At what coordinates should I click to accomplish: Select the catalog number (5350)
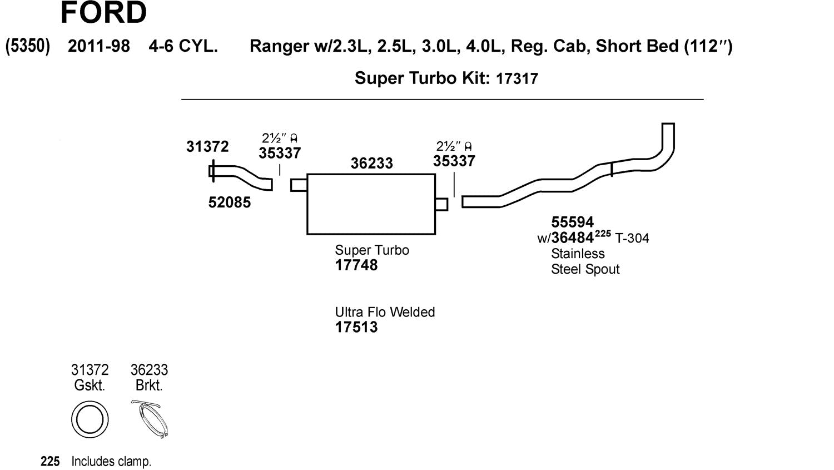[x=28, y=46]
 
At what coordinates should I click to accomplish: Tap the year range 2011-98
[x=99, y=46]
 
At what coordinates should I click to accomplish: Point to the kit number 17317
[x=517, y=78]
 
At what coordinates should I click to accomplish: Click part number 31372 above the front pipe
[x=207, y=146]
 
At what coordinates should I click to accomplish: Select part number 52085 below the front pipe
[x=230, y=202]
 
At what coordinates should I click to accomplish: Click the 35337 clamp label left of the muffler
[x=280, y=153]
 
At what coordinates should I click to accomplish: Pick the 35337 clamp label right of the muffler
[x=454, y=161]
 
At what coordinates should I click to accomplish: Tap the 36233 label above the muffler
[x=371, y=164]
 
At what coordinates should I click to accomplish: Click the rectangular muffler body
[x=371, y=204]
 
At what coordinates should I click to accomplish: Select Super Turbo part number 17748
[x=356, y=265]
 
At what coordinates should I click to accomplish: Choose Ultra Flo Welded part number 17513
[x=356, y=327]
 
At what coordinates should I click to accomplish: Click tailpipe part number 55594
[x=573, y=222]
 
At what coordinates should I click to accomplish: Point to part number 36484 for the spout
[x=573, y=238]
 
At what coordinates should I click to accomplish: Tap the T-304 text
[x=632, y=239]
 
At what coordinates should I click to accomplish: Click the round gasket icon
[x=90, y=419]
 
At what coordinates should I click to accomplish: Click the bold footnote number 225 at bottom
[x=50, y=462]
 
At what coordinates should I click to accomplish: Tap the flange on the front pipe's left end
[x=212, y=171]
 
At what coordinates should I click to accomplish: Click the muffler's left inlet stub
[x=299, y=185]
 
